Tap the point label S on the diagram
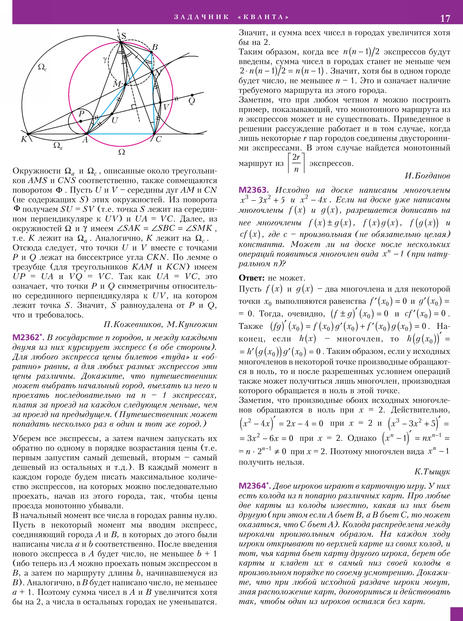[x=123, y=36]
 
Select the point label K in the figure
[x=24, y=139]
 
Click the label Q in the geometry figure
[x=192, y=101]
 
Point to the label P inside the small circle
[x=81, y=113]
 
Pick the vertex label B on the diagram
[x=155, y=47]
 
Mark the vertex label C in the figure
[x=159, y=139]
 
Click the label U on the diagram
[x=115, y=121]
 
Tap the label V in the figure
[x=166, y=107]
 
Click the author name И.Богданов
[x=427, y=176]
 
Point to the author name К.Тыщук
[x=432, y=472]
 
